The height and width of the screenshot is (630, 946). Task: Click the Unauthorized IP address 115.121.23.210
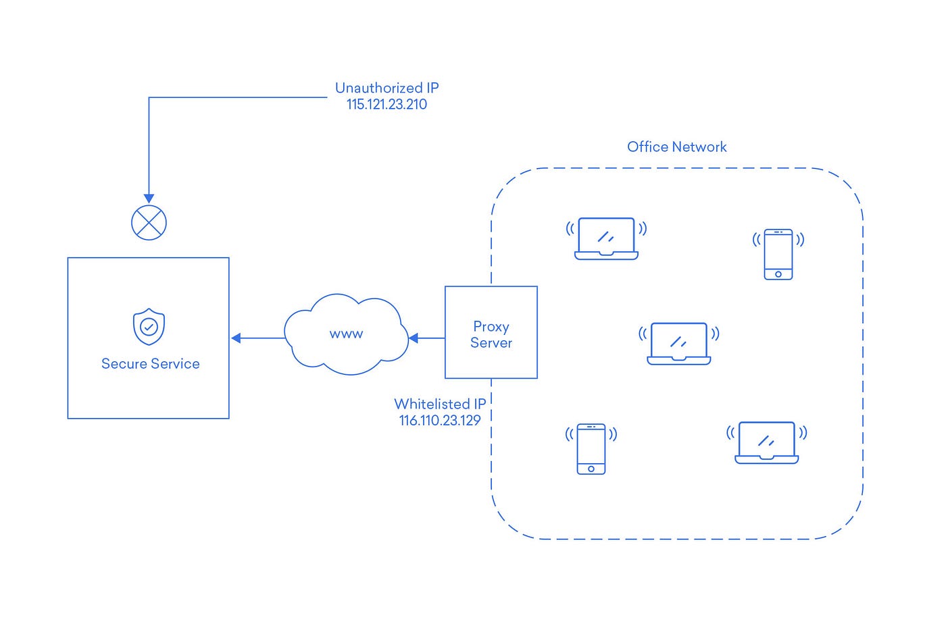pyautogui.click(x=387, y=105)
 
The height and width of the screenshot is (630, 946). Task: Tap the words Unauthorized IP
pyautogui.click(x=387, y=88)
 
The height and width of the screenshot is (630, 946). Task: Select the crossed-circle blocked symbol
pyautogui.click(x=149, y=222)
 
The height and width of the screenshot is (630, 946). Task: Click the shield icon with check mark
pyautogui.click(x=149, y=327)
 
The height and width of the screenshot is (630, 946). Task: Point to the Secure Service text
pyautogui.click(x=150, y=364)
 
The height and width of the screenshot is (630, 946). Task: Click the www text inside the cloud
pyautogui.click(x=346, y=334)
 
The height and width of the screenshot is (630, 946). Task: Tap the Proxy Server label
pyautogui.click(x=491, y=334)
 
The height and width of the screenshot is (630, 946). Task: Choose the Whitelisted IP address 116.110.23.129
pyautogui.click(x=439, y=421)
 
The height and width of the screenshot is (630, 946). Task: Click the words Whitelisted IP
pyautogui.click(x=439, y=404)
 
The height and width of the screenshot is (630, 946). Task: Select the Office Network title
pyautogui.click(x=676, y=147)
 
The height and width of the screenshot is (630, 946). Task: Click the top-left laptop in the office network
pyautogui.click(x=606, y=238)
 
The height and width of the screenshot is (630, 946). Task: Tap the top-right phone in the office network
pyautogui.click(x=778, y=254)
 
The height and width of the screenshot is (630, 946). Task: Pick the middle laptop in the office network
pyautogui.click(x=678, y=344)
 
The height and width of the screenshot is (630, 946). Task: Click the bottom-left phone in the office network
pyautogui.click(x=591, y=449)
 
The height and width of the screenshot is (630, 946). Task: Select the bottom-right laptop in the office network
pyautogui.click(x=766, y=442)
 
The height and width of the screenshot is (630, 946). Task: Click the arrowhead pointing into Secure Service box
pyautogui.click(x=236, y=338)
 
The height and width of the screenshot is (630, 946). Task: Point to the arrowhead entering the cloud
pyautogui.click(x=414, y=338)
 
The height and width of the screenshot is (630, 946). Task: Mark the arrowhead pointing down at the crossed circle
pyautogui.click(x=149, y=199)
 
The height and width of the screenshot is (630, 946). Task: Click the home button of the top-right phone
pyautogui.click(x=778, y=274)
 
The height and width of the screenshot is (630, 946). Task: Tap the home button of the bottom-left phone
pyautogui.click(x=591, y=469)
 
